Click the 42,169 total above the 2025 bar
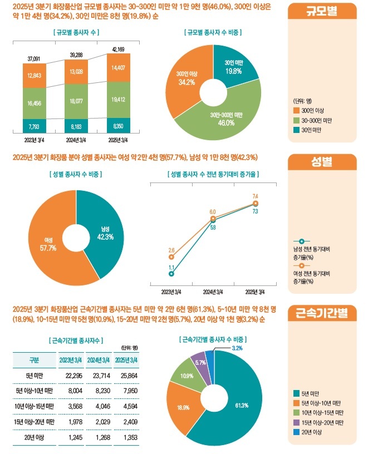coord(118,48)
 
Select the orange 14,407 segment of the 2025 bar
coord(118,68)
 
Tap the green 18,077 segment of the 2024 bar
coord(76,101)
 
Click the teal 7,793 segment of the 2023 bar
coord(35,126)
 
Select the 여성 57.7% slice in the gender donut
coord(48,245)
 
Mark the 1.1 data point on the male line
coord(171,274)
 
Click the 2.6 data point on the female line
coord(171,257)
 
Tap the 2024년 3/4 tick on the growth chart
coord(213,292)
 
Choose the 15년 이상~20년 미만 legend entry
coord(320,423)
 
